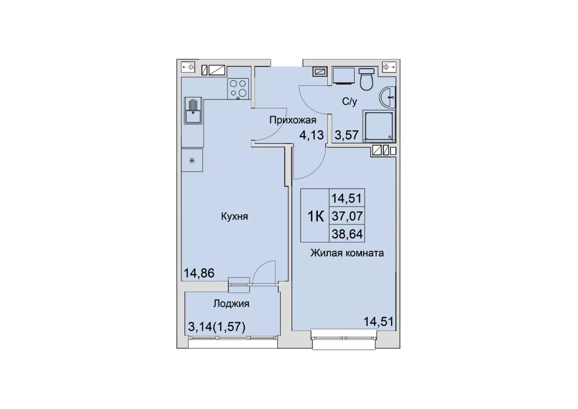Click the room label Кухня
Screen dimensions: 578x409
234,216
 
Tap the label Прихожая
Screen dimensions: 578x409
293,120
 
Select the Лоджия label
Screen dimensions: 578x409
231,304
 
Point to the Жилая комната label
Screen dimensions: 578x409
347,253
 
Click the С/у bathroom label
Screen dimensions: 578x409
350,102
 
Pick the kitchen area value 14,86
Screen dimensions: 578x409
199,273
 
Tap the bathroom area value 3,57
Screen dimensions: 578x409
347,135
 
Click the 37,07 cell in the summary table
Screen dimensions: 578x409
347,216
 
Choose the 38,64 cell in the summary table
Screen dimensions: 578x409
347,234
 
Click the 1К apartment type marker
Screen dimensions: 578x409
316,216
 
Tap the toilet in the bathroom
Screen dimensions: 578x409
366,79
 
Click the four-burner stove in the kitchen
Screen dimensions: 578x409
238,89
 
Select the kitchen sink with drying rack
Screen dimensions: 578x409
193,110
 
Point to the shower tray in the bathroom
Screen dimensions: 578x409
379,126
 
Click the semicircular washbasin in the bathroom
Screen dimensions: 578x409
387,97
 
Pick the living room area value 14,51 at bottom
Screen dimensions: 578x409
378,322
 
